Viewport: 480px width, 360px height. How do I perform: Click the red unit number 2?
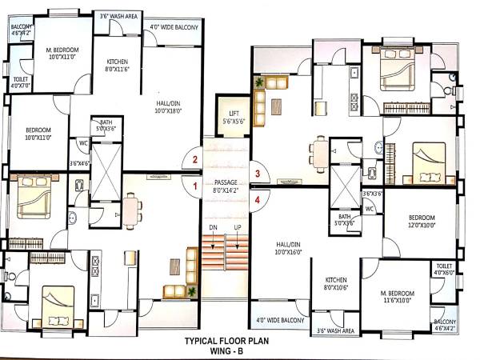[x=194, y=160]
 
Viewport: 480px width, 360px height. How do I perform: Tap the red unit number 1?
[x=194, y=186]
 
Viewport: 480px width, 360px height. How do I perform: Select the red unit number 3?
[x=257, y=173]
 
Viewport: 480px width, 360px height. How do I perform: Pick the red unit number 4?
[x=257, y=199]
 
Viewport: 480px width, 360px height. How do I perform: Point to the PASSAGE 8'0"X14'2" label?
[x=225, y=186]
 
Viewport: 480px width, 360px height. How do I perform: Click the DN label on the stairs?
[x=212, y=228]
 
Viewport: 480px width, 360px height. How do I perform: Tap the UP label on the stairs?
[x=237, y=228]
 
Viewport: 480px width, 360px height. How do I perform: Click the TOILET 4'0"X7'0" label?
[x=21, y=82]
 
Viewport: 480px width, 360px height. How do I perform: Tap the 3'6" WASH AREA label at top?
[x=118, y=15]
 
